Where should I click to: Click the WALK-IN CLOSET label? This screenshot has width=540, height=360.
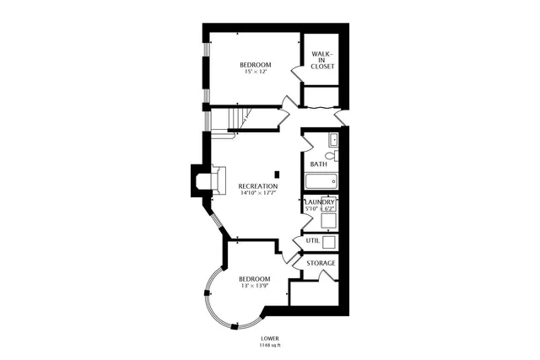pos(321,60)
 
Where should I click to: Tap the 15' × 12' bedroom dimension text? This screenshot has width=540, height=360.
pos(254,73)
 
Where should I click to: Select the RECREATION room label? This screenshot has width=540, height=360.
pos(257,185)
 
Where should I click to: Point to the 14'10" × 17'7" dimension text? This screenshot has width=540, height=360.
pos(257,194)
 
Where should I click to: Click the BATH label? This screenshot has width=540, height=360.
pos(318,164)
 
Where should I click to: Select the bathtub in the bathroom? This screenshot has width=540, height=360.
pos(321,180)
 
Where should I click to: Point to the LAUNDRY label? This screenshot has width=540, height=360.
pos(321,202)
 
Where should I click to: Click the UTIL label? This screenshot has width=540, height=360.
pos(312,241)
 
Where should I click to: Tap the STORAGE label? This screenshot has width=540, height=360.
pos(321,263)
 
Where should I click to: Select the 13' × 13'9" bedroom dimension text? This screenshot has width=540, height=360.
pos(254,287)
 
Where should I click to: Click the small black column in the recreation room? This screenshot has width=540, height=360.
pos(277,175)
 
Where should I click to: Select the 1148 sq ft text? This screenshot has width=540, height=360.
pos(270,346)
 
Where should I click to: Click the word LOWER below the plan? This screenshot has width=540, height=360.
pos(270,337)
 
